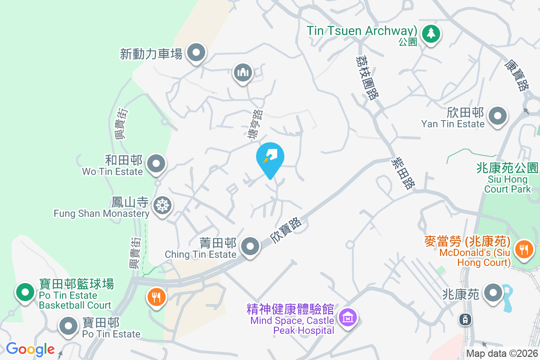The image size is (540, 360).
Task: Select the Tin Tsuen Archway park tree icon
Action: point(431,33)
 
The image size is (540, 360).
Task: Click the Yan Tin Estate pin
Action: point(497,116)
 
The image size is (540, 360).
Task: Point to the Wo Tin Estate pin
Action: point(156,164)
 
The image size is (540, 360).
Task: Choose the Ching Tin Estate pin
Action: point(250,246)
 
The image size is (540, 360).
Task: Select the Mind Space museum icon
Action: point(347,318)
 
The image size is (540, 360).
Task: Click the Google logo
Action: point(30,349)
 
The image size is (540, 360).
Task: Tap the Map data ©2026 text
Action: point(502,354)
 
